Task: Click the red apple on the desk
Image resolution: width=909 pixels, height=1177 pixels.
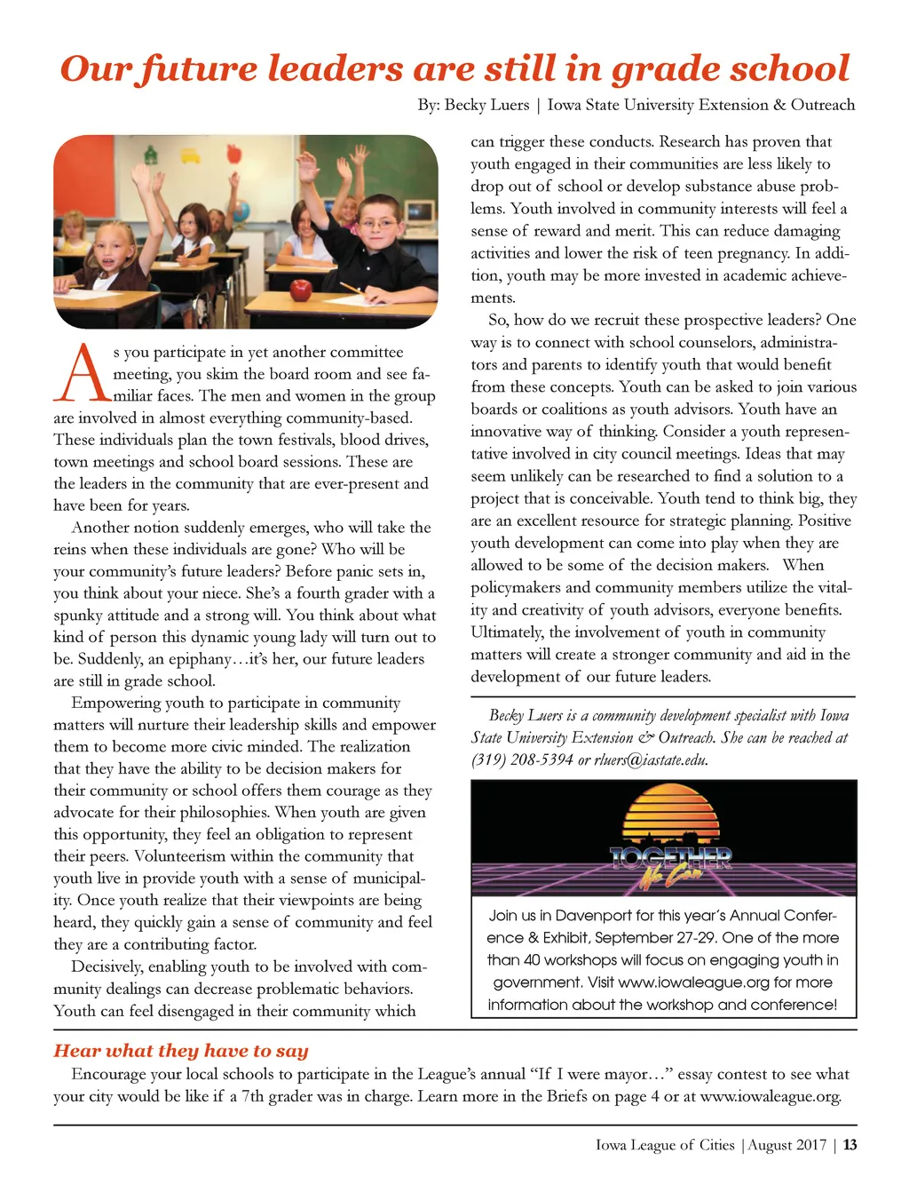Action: coord(302,289)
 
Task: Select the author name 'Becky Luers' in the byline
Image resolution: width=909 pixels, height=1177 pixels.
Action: coord(486,105)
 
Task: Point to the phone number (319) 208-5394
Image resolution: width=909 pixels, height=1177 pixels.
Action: coord(522,759)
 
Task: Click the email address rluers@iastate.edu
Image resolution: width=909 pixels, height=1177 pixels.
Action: coord(650,759)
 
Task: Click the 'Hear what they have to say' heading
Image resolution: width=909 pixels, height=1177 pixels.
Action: coord(181,1051)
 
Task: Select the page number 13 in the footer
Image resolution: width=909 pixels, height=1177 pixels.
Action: coord(850,1145)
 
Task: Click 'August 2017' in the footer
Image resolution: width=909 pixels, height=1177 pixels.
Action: coord(787,1145)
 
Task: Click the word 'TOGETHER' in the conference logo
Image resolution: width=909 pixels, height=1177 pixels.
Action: coord(670,858)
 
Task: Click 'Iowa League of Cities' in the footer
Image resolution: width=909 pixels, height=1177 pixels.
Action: coord(665,1145)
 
